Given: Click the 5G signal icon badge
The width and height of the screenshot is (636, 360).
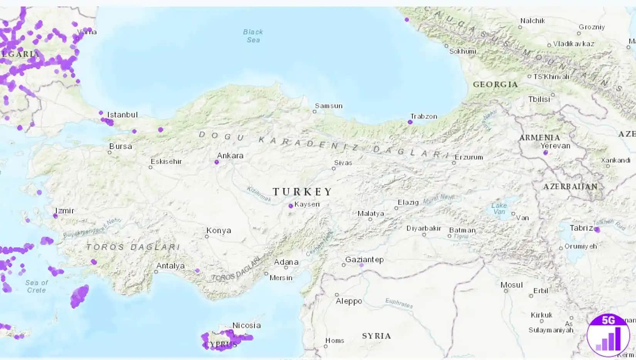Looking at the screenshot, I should tap(608, 335).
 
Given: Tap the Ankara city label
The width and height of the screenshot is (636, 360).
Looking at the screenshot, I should tap(230, 156).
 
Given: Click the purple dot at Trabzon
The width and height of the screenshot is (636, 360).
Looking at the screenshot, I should tap(410, 122).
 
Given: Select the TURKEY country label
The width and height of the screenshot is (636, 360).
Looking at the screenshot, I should tap(302, 192).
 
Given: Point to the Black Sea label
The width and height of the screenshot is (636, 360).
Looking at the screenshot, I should tap(253, 36).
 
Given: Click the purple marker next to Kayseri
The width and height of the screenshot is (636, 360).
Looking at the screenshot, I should tap(291, 206).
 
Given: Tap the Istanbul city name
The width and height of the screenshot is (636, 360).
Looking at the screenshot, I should tap(122, 115).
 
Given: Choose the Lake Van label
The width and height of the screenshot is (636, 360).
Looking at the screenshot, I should tap(499, 209).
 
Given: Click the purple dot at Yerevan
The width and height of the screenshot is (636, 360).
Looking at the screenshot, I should tap(545, 153).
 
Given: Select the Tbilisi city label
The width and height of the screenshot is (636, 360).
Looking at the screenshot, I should tap(539, 99).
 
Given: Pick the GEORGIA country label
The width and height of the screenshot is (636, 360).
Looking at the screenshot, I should tap(495, 84).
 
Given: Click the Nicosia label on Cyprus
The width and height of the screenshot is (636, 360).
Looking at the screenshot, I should tap(246, 325).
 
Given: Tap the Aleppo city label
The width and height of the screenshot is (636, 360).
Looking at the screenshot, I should tap(349, 301).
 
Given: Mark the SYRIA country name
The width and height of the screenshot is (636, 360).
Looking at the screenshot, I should tap(376, 336).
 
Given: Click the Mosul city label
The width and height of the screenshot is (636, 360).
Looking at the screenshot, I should tap(511, 285).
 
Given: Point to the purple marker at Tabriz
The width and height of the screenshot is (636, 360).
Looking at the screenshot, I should tap(597, 230).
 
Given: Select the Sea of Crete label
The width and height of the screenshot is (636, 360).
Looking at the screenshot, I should tap(37, 286).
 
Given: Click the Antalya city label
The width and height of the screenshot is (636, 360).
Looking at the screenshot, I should tap(170, 266).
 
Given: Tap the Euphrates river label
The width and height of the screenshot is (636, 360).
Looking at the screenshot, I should tap(399, 303).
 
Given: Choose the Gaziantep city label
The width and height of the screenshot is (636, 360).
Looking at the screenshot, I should tap(364, 259).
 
